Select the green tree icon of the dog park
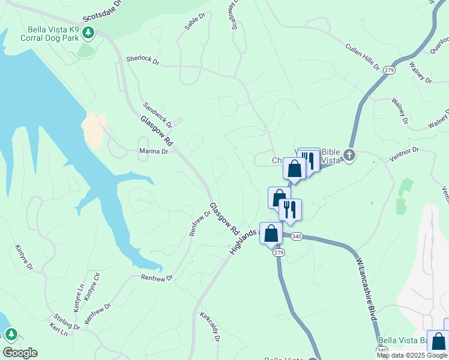pyautogui.click(x=89, y=32)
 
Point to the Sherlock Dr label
pyautogui.click(x=142, y=60)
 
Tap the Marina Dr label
pyautogui.click(x=154, y=151)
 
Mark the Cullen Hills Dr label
pyautogui.click(x=363, y=56)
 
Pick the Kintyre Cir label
pyautogui.click(x=92, y=286)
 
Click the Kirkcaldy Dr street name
pyautogui.click(x=209, y=326)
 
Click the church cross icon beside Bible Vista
pyautogui.click(x=349, y=155)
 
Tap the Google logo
pyautogui.click(x=20, y=353)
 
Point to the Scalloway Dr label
pyautogui.click(x=231, y=14)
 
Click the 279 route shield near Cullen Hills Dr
pyautogui.click(x=390, y=70)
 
